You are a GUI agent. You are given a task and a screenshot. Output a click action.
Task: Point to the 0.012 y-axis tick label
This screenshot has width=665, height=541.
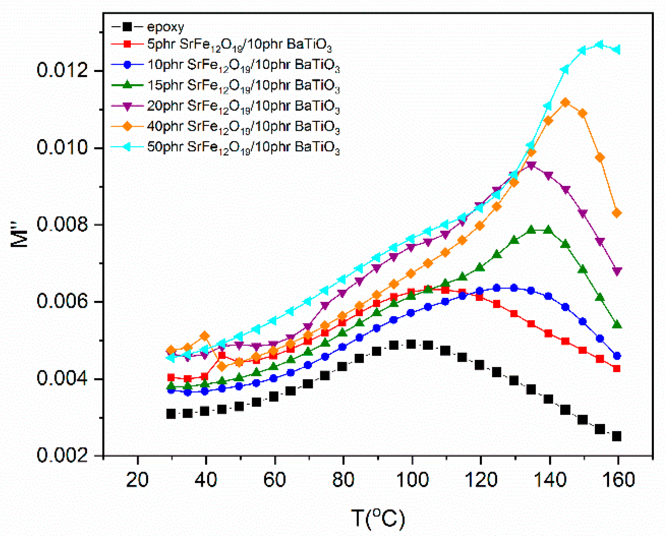[x=62, y=70]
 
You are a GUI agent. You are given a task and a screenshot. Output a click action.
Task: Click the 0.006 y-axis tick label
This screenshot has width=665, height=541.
[x=62, y=301]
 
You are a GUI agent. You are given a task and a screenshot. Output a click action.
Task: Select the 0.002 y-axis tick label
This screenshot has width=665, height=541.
[x=62, y=455]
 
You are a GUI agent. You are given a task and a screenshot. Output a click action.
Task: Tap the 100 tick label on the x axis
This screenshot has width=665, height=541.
[x=412, y=480]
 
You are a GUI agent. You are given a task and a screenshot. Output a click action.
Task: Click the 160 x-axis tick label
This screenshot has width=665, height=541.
[x=618, y=480]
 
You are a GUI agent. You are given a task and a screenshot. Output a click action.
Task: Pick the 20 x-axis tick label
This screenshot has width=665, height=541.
[x=137, y=480]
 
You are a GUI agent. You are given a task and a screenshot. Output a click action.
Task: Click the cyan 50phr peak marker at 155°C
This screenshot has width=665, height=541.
[x=600, y=45]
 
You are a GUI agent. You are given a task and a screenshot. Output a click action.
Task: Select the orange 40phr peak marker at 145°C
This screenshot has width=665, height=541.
[x=565, y=103]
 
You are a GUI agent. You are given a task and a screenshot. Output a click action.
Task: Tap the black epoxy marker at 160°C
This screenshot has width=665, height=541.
[x=617, y=436]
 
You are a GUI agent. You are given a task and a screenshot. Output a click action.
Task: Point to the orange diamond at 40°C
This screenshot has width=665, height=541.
[x=205, y=336]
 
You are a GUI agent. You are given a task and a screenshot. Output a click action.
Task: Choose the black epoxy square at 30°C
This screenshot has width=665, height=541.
[x=171, y=413]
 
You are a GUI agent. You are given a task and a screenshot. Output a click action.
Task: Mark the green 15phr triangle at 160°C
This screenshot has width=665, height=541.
[x=617, y=325]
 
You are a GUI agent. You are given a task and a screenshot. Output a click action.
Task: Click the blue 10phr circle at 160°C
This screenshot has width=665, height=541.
[x=617, y=356]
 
